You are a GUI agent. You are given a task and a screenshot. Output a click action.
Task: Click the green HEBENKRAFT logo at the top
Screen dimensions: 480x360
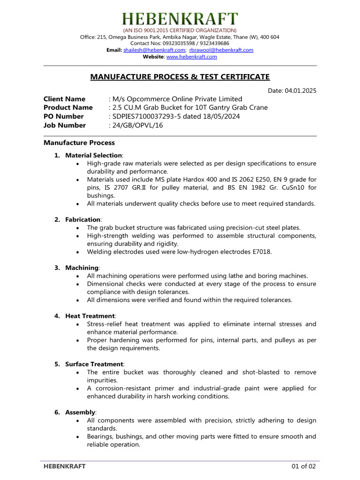(180, 19)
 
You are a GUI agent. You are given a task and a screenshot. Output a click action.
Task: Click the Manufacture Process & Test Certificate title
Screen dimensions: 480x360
(180, 77)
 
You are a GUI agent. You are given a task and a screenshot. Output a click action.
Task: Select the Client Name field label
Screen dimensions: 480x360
(64, 99)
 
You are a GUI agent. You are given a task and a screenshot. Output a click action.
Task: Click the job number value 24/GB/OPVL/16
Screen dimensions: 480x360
(139, 125)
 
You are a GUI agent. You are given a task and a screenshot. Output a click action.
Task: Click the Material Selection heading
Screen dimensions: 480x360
(94, 155)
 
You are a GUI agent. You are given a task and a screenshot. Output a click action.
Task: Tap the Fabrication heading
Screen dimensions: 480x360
(83, 219)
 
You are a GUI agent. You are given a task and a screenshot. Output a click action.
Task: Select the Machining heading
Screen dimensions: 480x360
(82, 267)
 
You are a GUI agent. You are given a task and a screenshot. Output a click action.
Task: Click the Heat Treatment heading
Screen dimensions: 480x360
(90, 316)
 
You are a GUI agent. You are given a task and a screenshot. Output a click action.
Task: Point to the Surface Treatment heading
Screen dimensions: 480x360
(94, 364)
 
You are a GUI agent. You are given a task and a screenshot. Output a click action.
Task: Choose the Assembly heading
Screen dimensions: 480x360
(80, 412)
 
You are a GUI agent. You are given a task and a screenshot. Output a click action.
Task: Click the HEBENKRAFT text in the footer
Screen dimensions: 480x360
(65, 466)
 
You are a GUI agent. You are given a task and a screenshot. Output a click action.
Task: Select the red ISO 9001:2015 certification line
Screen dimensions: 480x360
(180, 30)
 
